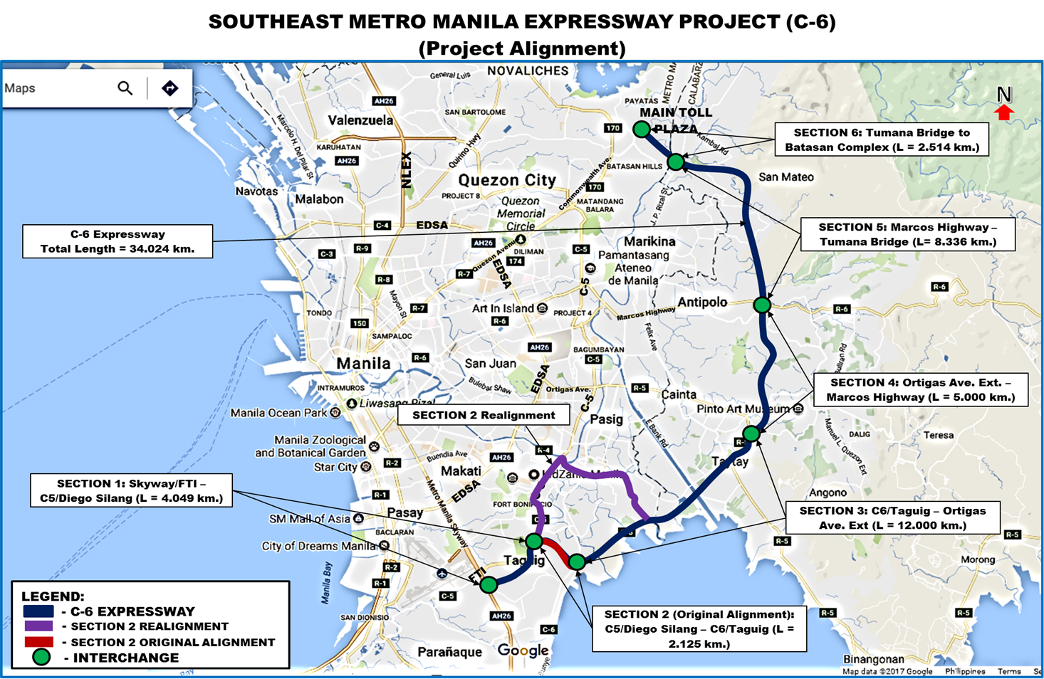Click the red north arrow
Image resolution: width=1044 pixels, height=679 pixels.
pos(1004,112)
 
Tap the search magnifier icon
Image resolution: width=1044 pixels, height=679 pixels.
pos(125,88)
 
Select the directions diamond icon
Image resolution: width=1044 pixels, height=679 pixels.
pos(169,88)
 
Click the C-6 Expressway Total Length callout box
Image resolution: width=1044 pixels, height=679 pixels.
pos(118,241)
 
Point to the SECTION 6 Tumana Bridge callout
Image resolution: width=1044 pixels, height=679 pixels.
pos(882,140)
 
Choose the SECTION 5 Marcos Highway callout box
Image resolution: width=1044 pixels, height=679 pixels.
pos(907,234)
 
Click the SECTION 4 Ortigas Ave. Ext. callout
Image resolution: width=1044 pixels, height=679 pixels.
pos(920,389)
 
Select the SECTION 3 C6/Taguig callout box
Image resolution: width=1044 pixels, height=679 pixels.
pos(892,517)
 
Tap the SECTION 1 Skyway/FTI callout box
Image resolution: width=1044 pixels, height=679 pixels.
pos(131,490)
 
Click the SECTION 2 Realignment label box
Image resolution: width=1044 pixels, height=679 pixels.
pos(484,415)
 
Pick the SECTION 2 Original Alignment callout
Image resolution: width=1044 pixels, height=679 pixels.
pos(699,628)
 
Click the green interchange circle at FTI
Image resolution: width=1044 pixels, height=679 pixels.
pos(489,585)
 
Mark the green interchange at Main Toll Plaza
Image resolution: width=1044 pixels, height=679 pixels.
pos(642,129)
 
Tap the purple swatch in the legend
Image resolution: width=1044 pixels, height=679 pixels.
pos(38,626)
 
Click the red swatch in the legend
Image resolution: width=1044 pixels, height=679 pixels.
pos(38,642)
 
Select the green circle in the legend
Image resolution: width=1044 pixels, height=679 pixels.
pos(41,658)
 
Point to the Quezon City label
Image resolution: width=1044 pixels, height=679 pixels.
pos(506,180)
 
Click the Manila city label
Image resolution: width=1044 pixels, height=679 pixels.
pos(363,363)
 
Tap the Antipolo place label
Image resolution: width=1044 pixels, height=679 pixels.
pos(702,302)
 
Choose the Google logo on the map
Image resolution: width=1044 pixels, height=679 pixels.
pos(523,651)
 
